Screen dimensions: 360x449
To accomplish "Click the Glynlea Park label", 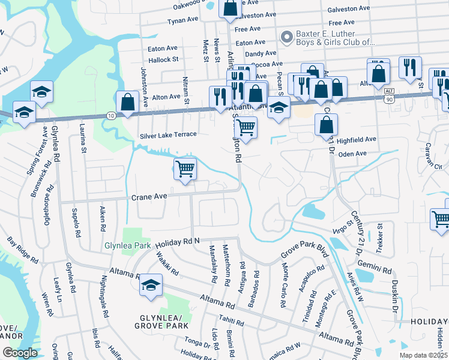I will tap(127, 245).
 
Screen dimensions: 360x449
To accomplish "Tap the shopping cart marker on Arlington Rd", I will tap(246, 127).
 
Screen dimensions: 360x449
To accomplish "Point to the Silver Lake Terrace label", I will tap(168, 135).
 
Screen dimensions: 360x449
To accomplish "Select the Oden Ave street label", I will tap(352, 154).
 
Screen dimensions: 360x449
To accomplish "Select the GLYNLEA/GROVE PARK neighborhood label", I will tap(162, 321).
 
